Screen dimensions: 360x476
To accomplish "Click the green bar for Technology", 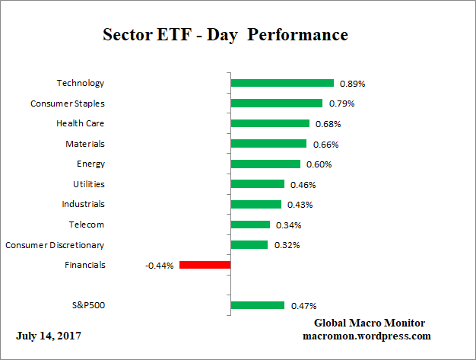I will click(282, 83).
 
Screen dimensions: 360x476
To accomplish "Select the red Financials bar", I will click(205, 265).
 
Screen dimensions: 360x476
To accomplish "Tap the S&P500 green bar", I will click(257, 305).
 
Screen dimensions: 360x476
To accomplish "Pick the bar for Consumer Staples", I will click(276, 103).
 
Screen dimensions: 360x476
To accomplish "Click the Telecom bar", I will click(250, 225).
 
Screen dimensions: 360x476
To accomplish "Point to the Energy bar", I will click(265, 164).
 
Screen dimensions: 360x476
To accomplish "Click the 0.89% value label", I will click(351, 83).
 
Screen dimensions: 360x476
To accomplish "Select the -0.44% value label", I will click(160, 266).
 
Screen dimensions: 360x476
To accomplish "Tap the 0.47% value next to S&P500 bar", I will click(303, 306).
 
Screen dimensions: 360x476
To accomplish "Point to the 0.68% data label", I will click(328, 123).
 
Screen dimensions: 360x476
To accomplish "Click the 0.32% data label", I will click(286, 245).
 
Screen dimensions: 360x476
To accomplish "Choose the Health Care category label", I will click(80, 123).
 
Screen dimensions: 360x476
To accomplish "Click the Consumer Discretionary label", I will click(55, 245).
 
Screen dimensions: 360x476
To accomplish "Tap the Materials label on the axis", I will click(85, 144).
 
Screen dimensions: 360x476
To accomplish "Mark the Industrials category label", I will click(83, 204).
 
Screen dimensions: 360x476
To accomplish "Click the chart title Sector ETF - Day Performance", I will click(225, 35).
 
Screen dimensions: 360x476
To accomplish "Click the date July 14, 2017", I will click(49, 336).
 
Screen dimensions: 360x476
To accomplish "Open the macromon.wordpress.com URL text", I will click(367, 336).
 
